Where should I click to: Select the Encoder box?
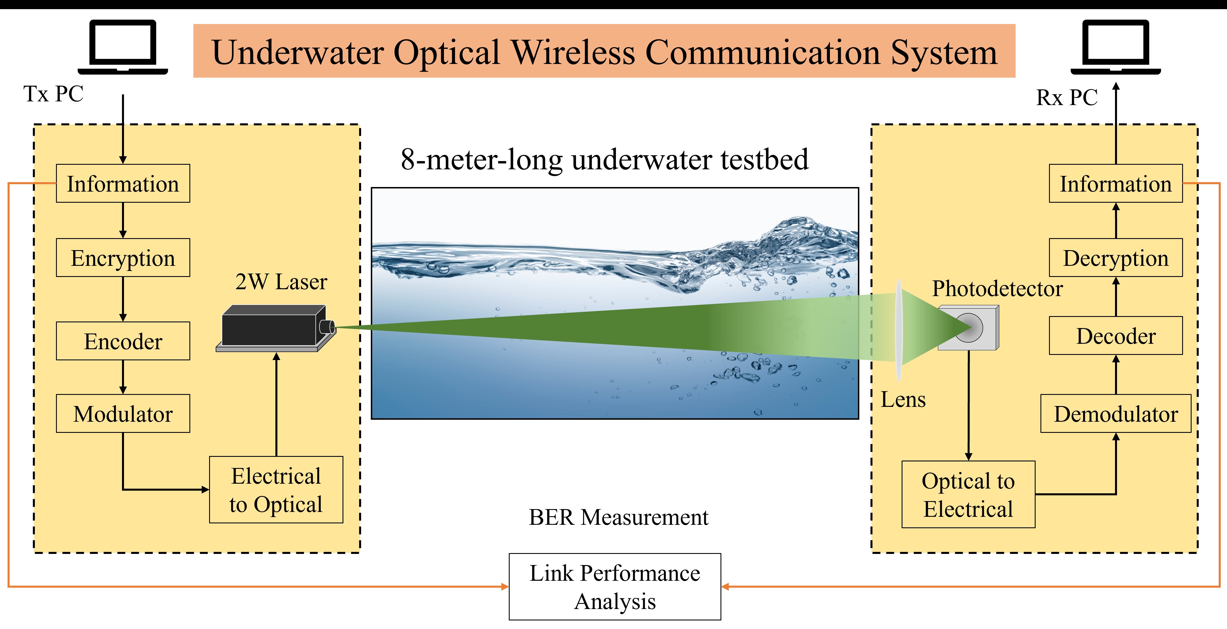[123, 341]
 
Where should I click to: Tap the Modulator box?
[123, 413]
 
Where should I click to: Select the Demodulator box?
[1116, 413]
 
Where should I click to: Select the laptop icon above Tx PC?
[123, 47]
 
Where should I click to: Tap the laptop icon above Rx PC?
[1116, 47]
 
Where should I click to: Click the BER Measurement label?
[618, 517]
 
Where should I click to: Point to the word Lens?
[903, 399]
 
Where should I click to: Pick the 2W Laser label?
[281, 282]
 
